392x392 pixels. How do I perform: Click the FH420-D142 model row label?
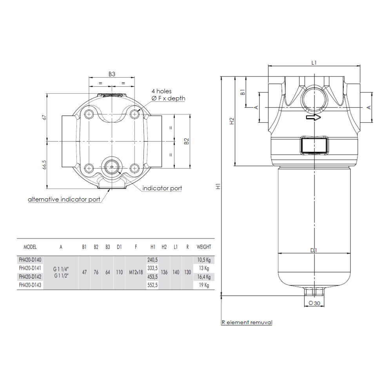(30, 277)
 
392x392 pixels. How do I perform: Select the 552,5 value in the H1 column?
(152, 285)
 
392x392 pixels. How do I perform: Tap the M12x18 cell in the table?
(136, 272)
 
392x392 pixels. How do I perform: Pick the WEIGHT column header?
(203, 247)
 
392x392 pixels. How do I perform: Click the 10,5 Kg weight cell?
(203, 260)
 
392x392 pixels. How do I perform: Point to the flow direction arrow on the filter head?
(313, 117)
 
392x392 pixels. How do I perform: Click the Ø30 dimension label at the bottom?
(314, 303)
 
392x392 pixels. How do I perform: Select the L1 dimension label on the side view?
(314, 62)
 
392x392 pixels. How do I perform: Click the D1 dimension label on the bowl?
(314, 250)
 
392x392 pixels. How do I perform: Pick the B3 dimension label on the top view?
(112, 74)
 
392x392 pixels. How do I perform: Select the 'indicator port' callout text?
(162, 189)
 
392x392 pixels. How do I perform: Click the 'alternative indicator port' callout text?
(64, 200)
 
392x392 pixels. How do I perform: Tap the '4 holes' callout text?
(162, 91)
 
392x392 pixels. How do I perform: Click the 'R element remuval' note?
(247, 323)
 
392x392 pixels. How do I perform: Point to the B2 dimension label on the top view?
(187, 141)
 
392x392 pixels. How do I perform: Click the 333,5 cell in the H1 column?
(152, 268)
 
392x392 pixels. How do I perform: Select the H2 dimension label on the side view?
(232, 121)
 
